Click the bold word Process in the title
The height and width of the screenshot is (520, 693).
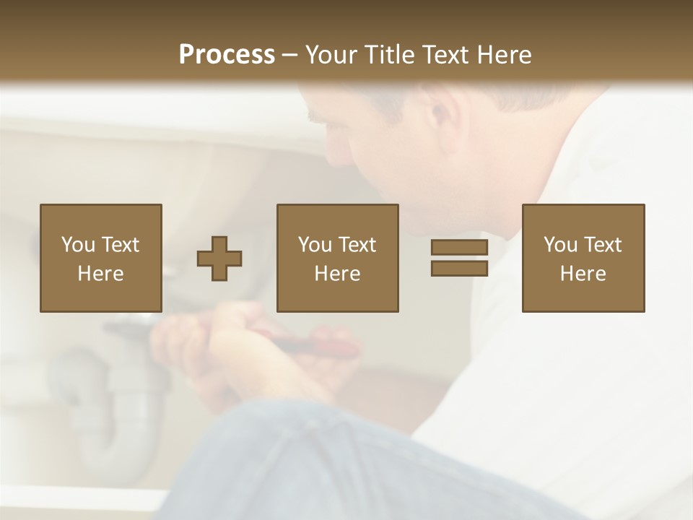(x=227, y=55)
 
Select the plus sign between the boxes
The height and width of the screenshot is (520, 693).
(x=219, y=259)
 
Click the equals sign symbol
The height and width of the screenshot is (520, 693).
(x=459, y=258)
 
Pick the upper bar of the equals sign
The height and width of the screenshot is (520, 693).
(x=459, y=248)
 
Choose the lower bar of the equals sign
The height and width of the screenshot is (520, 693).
(x=459, y=269)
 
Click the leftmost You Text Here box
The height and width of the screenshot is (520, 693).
(x=101, y=258)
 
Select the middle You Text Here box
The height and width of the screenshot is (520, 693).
(x=337, y=258)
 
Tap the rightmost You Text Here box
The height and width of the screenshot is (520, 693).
(x=583, y=258)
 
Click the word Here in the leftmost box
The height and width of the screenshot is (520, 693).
(x=100, y=274)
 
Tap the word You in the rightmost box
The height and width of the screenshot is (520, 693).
(x=560, y=245)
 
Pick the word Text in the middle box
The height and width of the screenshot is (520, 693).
(x=357, y=245)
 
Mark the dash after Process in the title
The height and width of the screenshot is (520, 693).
(x=290, y=55)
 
